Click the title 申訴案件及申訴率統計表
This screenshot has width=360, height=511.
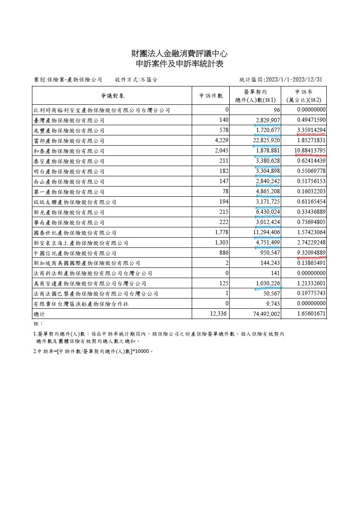tap(179, 64)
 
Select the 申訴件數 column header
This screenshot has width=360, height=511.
tap(211, 96)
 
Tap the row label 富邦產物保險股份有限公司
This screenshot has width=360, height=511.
tap(69, 141)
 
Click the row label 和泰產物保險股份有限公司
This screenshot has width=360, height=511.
tap(69, 151)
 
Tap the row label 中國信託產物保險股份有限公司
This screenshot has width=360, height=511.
tap(72, 253)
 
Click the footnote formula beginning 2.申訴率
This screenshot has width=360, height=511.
tap(93, 352)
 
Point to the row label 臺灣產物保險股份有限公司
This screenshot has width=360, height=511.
tap(69, 121)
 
